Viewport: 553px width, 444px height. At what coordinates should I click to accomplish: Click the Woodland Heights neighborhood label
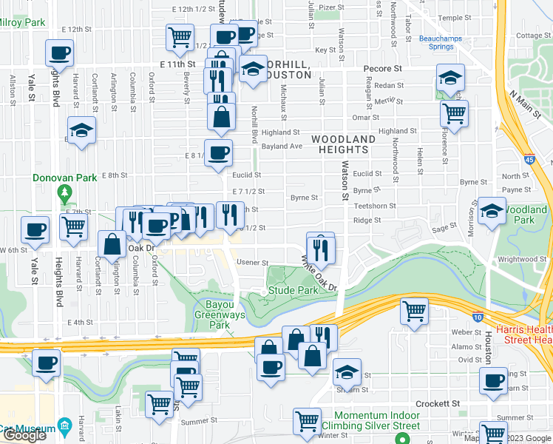pos(343,144)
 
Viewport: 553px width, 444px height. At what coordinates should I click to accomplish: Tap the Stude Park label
pos(294,291)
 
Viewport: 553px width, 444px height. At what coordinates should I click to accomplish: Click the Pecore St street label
pos(382,68)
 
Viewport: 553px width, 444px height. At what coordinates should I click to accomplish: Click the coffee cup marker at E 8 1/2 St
pos(218,154)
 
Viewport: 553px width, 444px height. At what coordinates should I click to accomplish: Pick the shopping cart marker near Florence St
pos(454,113)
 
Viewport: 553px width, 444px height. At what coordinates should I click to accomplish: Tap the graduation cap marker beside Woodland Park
pos(492,211)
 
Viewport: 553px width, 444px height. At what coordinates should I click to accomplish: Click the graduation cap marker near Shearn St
pos(347,372)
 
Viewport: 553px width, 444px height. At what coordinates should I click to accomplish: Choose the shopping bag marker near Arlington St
pos(112,244)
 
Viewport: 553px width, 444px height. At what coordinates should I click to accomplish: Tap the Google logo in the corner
pos(24,436)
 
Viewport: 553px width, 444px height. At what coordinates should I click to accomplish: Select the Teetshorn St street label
pos(375,206)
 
